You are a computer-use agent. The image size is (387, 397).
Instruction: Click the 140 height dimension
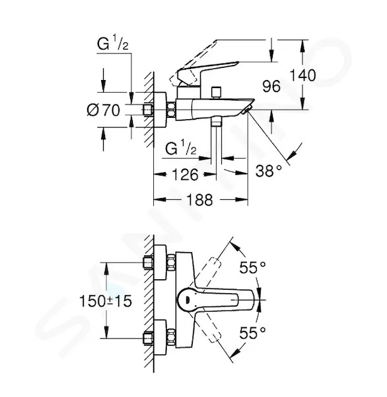(302, 75)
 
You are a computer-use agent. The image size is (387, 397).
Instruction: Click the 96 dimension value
(271, 86)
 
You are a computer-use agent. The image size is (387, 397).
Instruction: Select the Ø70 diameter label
(104, 110)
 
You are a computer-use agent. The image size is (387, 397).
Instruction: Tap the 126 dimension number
(185, 175)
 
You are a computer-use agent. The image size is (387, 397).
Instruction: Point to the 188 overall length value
(199, 200)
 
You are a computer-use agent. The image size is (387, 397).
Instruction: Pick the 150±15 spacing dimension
(106, 301)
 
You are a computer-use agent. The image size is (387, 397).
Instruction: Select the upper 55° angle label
(252, 267)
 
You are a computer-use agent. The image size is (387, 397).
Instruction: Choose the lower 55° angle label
(252, 332)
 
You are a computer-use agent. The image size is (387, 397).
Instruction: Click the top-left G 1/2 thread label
(113, 43)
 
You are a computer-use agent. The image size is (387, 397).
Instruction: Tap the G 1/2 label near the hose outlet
(181, 148)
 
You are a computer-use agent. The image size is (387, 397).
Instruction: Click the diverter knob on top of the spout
(216, 93)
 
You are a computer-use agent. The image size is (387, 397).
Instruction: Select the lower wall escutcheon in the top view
(160, 337)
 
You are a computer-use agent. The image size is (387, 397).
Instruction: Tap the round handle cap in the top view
(187, 300)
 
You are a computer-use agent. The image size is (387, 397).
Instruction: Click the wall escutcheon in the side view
(160, 110)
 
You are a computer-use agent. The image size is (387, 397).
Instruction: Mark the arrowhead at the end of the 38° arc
(291, 154)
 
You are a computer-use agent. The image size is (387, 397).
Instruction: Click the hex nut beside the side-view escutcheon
(172, 110)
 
